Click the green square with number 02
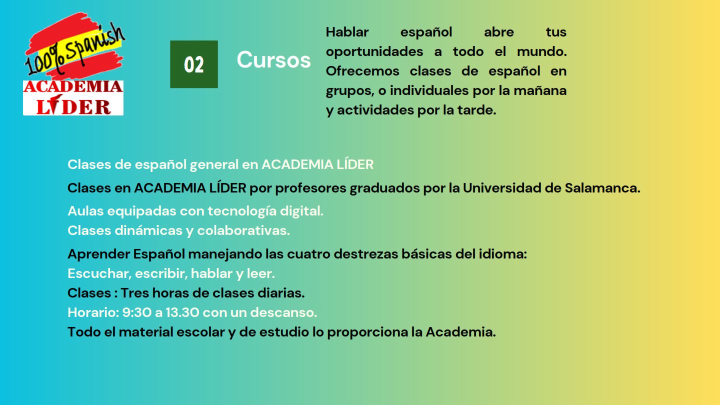pyautogui.click(x=194, y=64)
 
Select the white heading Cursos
pyautogui.click(x=274, y=60)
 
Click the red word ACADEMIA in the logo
pyautogui.click(x=73, y=87)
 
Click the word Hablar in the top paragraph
pyautogui.click(x=347, y=32)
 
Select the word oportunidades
pyautogui.click(x=374, y=52)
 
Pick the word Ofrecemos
pyautogui.click(x=362, y=71)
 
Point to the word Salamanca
pyautogui.click(x=602, y=188)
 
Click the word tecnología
pyautogui.click(x=242, y=211)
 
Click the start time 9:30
pyautogui.click(x=136, y=312)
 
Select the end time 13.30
pyautogui.click(x=182, y=312)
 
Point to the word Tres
pyautogui.click(x=134, y=293)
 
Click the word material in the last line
pyautogui.click(x=146, y=332)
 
